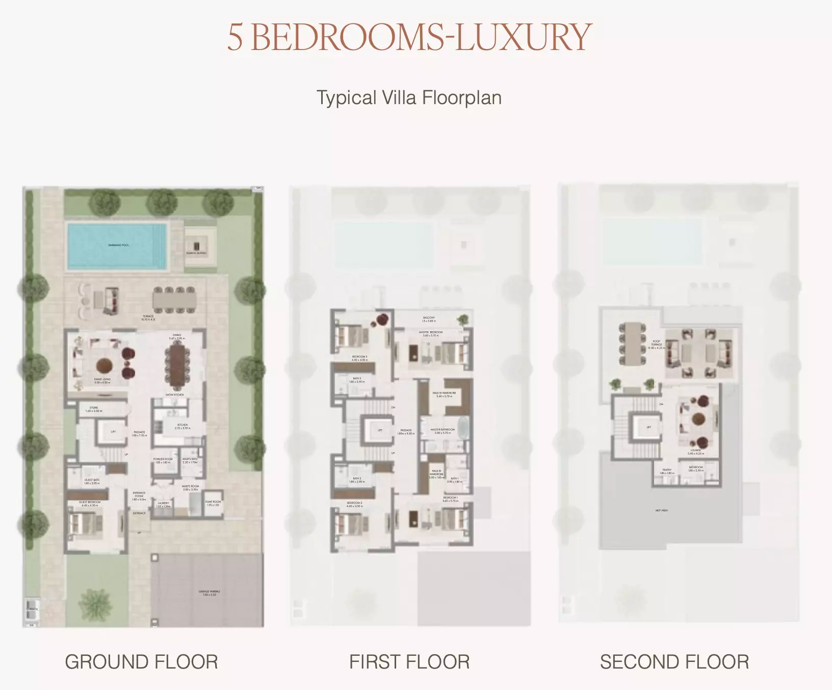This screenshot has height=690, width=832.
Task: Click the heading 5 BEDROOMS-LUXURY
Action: [x=409, y=37]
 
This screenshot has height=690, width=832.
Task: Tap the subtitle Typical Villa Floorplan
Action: [x=409, y=97]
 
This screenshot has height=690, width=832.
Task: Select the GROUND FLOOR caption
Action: [x=141, y=662]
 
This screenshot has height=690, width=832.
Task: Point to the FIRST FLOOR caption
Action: [x=409, y=662]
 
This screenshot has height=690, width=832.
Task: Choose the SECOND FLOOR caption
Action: [x=674, y=662]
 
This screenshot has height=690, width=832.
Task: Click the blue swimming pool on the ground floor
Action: [x=118, y=245]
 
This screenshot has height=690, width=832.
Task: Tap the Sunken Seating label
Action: [x=196, y=253]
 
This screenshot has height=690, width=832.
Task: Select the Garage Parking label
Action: [x=209, y=593]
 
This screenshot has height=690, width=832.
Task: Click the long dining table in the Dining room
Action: [x=176, y=364]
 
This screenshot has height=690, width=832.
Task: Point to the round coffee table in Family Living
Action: [x=104, y=364]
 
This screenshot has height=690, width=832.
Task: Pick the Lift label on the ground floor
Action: [x=113, y=432]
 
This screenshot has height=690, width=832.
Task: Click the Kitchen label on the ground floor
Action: [x=182, y=426]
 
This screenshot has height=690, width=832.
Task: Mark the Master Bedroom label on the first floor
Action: [x=430, y=334]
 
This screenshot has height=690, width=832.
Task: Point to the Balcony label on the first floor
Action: [x=429, y=319]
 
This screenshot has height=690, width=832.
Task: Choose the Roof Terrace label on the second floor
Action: [x=656, y=343]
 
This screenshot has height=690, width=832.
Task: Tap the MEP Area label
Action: [x=661, y=510]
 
